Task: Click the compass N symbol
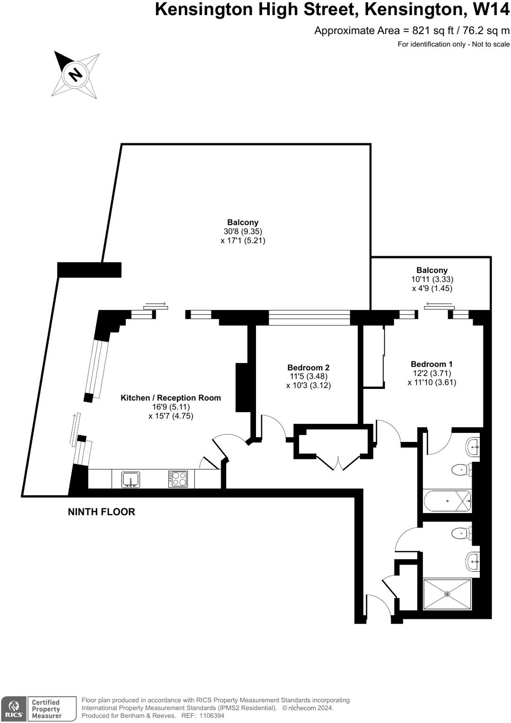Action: (x=75, y=74)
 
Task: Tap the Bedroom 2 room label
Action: (x=308, y=368)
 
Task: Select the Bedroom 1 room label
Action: (x=432, y=364)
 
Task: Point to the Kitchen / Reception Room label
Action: (x=171, y=398)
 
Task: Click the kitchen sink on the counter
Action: (x=131, y=479)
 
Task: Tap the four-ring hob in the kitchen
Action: (x=178, y=479)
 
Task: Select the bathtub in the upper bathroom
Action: (x=447, y=502)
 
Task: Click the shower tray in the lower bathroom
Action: (x=447, y=594)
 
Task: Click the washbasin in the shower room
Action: (x=473, y=562)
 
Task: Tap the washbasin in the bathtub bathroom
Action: (x=473, y=446)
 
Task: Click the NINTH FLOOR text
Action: (x=101, y=512)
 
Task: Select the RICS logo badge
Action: (x=14, y=709)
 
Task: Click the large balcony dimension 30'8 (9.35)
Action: (x=243, y=231)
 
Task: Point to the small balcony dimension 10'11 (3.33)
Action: (x=432, y=279)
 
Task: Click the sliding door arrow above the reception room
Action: (x=155, y=303)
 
